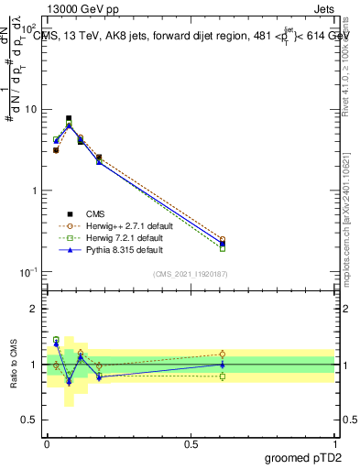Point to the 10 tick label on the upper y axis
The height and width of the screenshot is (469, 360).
(30, 110)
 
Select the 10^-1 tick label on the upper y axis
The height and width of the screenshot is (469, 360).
(28, 272)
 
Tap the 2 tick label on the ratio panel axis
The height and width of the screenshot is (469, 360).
(35, 309)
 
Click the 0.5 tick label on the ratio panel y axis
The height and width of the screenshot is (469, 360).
(30, 420)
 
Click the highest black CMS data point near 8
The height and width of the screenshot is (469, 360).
(69, 118)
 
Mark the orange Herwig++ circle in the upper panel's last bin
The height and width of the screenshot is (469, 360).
(223, 240)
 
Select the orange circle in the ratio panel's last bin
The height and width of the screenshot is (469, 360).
(223, 354)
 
